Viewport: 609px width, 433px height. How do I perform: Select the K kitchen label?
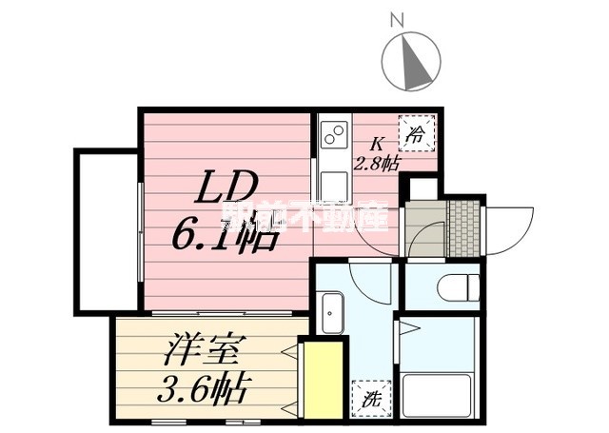point(377,145)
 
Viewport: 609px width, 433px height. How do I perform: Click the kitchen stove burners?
point(333,139)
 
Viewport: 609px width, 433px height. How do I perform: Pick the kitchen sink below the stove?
point(333,181)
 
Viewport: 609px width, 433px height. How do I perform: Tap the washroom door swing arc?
point(369,282)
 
